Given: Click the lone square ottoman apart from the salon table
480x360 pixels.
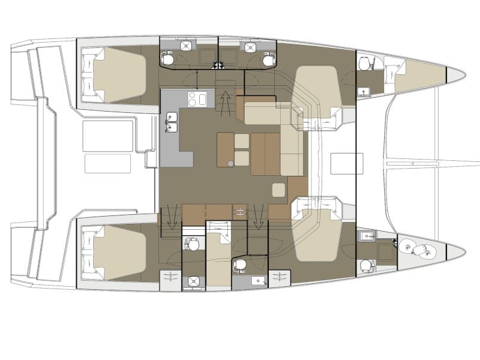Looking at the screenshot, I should tap(279, 190).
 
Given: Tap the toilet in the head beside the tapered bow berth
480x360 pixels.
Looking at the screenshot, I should tap(364, 63).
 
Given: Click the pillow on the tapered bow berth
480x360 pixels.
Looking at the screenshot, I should tap(393, 67).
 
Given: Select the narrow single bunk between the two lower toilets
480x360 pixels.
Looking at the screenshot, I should tap(218, 255).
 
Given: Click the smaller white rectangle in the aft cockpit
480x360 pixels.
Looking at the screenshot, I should tap(109, 163).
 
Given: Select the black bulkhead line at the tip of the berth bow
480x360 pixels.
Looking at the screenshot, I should tap(447, 74).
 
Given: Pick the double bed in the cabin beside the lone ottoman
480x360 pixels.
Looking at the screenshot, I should tap(318, 237).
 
